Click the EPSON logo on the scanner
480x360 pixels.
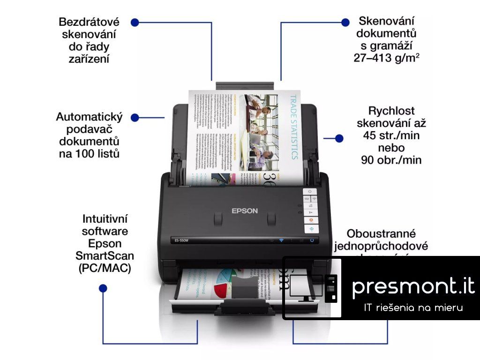click(x=245, y=210)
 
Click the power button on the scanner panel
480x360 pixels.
click(x=310, y=192)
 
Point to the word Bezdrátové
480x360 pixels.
click(x=89, y=22)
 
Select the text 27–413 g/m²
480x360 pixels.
click(x=386, y=58)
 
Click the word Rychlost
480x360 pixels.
click(x=391, y=111)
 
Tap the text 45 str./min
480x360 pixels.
click(x=391, y=135)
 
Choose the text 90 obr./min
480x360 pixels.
click(x=391, y=160)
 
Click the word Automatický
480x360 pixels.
click(x=89, y=117)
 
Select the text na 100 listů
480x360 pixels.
click(x=89, y=153)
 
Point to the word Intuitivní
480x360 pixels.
click(x=105, y=219)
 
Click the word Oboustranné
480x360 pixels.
click(x=381, y=233)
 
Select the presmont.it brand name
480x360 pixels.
click(x=413, y=286)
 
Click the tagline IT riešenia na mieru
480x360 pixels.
click(x=413, y=307)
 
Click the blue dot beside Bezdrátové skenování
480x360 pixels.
click(x=135, y=22)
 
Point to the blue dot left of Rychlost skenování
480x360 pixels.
click(x=340, y=138)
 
